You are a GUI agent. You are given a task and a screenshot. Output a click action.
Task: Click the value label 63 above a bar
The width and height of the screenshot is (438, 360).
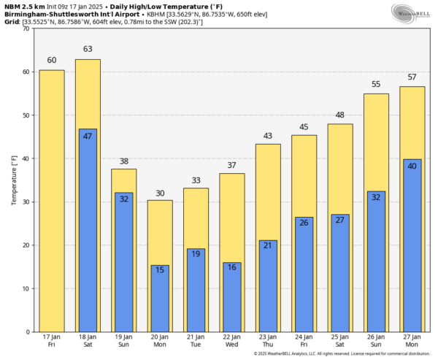click(x=88, y=50)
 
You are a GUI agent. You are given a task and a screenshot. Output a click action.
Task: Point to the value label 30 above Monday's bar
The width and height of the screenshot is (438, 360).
click(x=160, y=193)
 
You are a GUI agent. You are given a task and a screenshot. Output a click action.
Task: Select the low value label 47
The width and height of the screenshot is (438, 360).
click(x=88, y=137)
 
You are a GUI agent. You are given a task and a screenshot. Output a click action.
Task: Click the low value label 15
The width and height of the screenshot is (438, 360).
click(x=160, y=271)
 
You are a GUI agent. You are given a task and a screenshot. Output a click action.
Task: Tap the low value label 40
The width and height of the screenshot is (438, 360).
click(x=412, y=166)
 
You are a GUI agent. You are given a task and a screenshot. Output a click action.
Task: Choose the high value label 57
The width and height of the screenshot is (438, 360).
click(x=412, y=77)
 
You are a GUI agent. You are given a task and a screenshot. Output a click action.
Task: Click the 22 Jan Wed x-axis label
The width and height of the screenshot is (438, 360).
click(x=231, y=340)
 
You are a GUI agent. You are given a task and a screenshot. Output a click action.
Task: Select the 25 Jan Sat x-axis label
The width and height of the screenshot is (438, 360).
click(x=339, y=340)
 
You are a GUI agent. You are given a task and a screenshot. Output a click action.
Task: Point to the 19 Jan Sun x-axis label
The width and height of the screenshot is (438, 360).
click(x=123, y=340)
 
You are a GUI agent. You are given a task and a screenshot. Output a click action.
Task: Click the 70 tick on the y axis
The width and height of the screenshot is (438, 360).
click(x=26, y=29)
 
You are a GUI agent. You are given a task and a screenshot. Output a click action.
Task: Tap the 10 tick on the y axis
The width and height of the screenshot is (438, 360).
click(x=26, y=288)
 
